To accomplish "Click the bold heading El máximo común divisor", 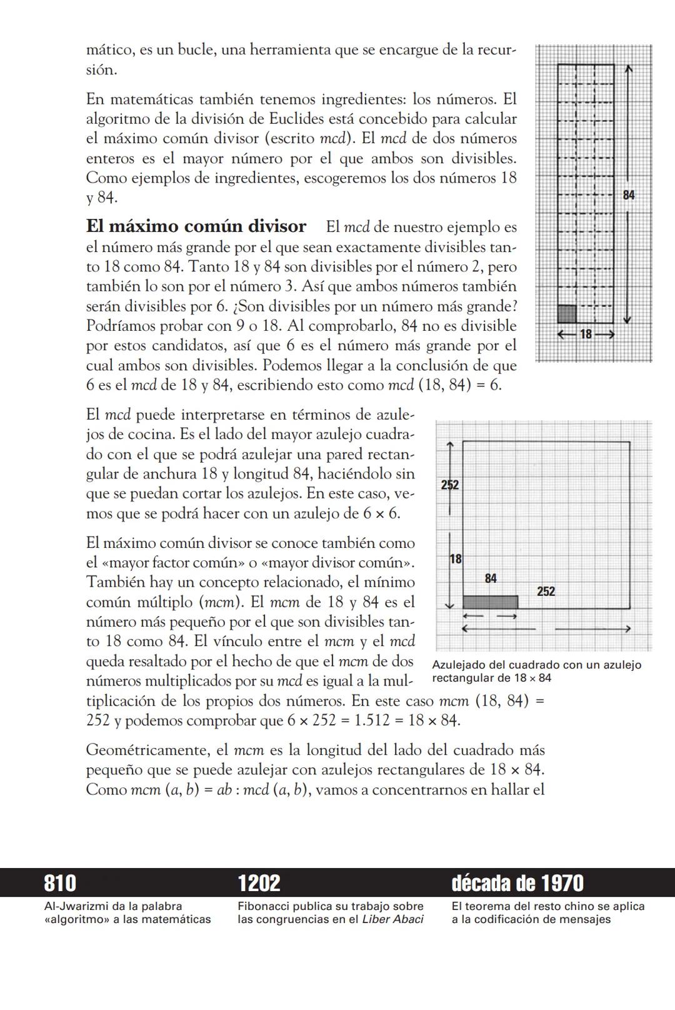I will coord(196,226).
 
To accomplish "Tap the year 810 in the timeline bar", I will coord(60,883).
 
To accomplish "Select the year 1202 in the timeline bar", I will coord(259,883).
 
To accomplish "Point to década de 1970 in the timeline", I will coord(517,883).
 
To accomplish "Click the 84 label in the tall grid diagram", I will coord(628,196).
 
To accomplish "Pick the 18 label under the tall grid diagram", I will coord(586,335).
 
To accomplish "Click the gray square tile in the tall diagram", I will coord(566,314).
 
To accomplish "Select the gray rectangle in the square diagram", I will coord(490,602).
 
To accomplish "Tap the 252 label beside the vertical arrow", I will coord(450,485).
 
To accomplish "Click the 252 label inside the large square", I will coord(546,592).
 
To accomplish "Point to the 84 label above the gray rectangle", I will coord(491,578).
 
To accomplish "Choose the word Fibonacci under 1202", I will coord(263,906).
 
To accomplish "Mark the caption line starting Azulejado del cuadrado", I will coord(536,665).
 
